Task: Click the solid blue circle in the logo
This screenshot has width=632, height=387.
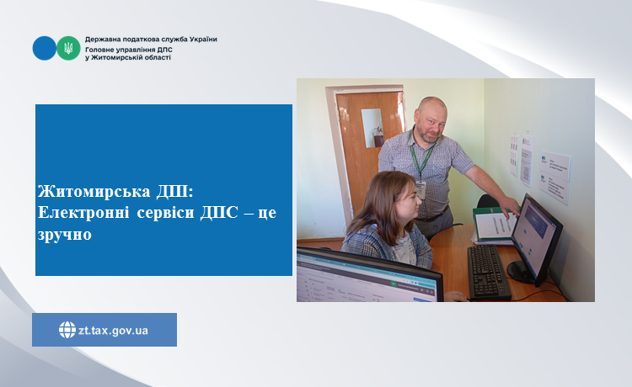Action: click(45, 48)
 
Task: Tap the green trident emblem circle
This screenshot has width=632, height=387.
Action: click(68, 48)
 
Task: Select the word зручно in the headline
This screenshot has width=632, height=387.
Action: click(65, 235)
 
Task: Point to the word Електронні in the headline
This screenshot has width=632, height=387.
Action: click(83, 212)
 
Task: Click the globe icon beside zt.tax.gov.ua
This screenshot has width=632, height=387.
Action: click(67, 330)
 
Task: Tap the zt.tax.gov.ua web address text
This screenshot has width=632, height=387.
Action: click(113, 331)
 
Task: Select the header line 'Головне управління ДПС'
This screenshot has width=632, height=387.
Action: click(129, 50)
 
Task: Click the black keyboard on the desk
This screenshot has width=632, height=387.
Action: click(489, 272)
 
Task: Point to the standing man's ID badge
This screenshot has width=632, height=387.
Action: click(420, 190)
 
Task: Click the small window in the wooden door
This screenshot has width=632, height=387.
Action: click(372, 128)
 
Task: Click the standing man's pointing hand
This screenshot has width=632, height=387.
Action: click(511, 207)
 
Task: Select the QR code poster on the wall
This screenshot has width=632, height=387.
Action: click(526, 160)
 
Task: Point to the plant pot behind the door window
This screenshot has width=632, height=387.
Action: click(379, 140)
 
